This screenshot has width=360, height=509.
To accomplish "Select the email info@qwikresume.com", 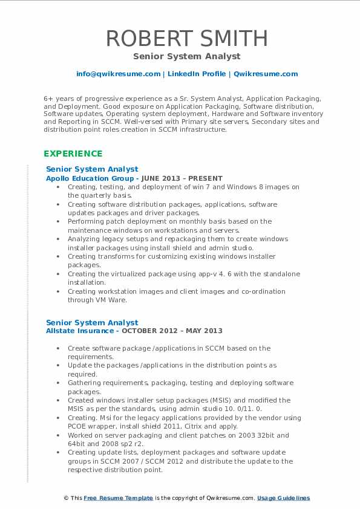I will (118, 74).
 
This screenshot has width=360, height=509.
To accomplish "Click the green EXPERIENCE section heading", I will (73, 154).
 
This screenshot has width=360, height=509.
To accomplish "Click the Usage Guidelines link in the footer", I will (283, 498).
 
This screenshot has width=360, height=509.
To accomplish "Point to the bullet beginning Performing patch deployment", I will (169, 222).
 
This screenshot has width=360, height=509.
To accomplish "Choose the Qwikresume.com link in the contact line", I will (266, 74).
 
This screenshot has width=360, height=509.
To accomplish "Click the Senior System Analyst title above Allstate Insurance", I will (92, 322).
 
